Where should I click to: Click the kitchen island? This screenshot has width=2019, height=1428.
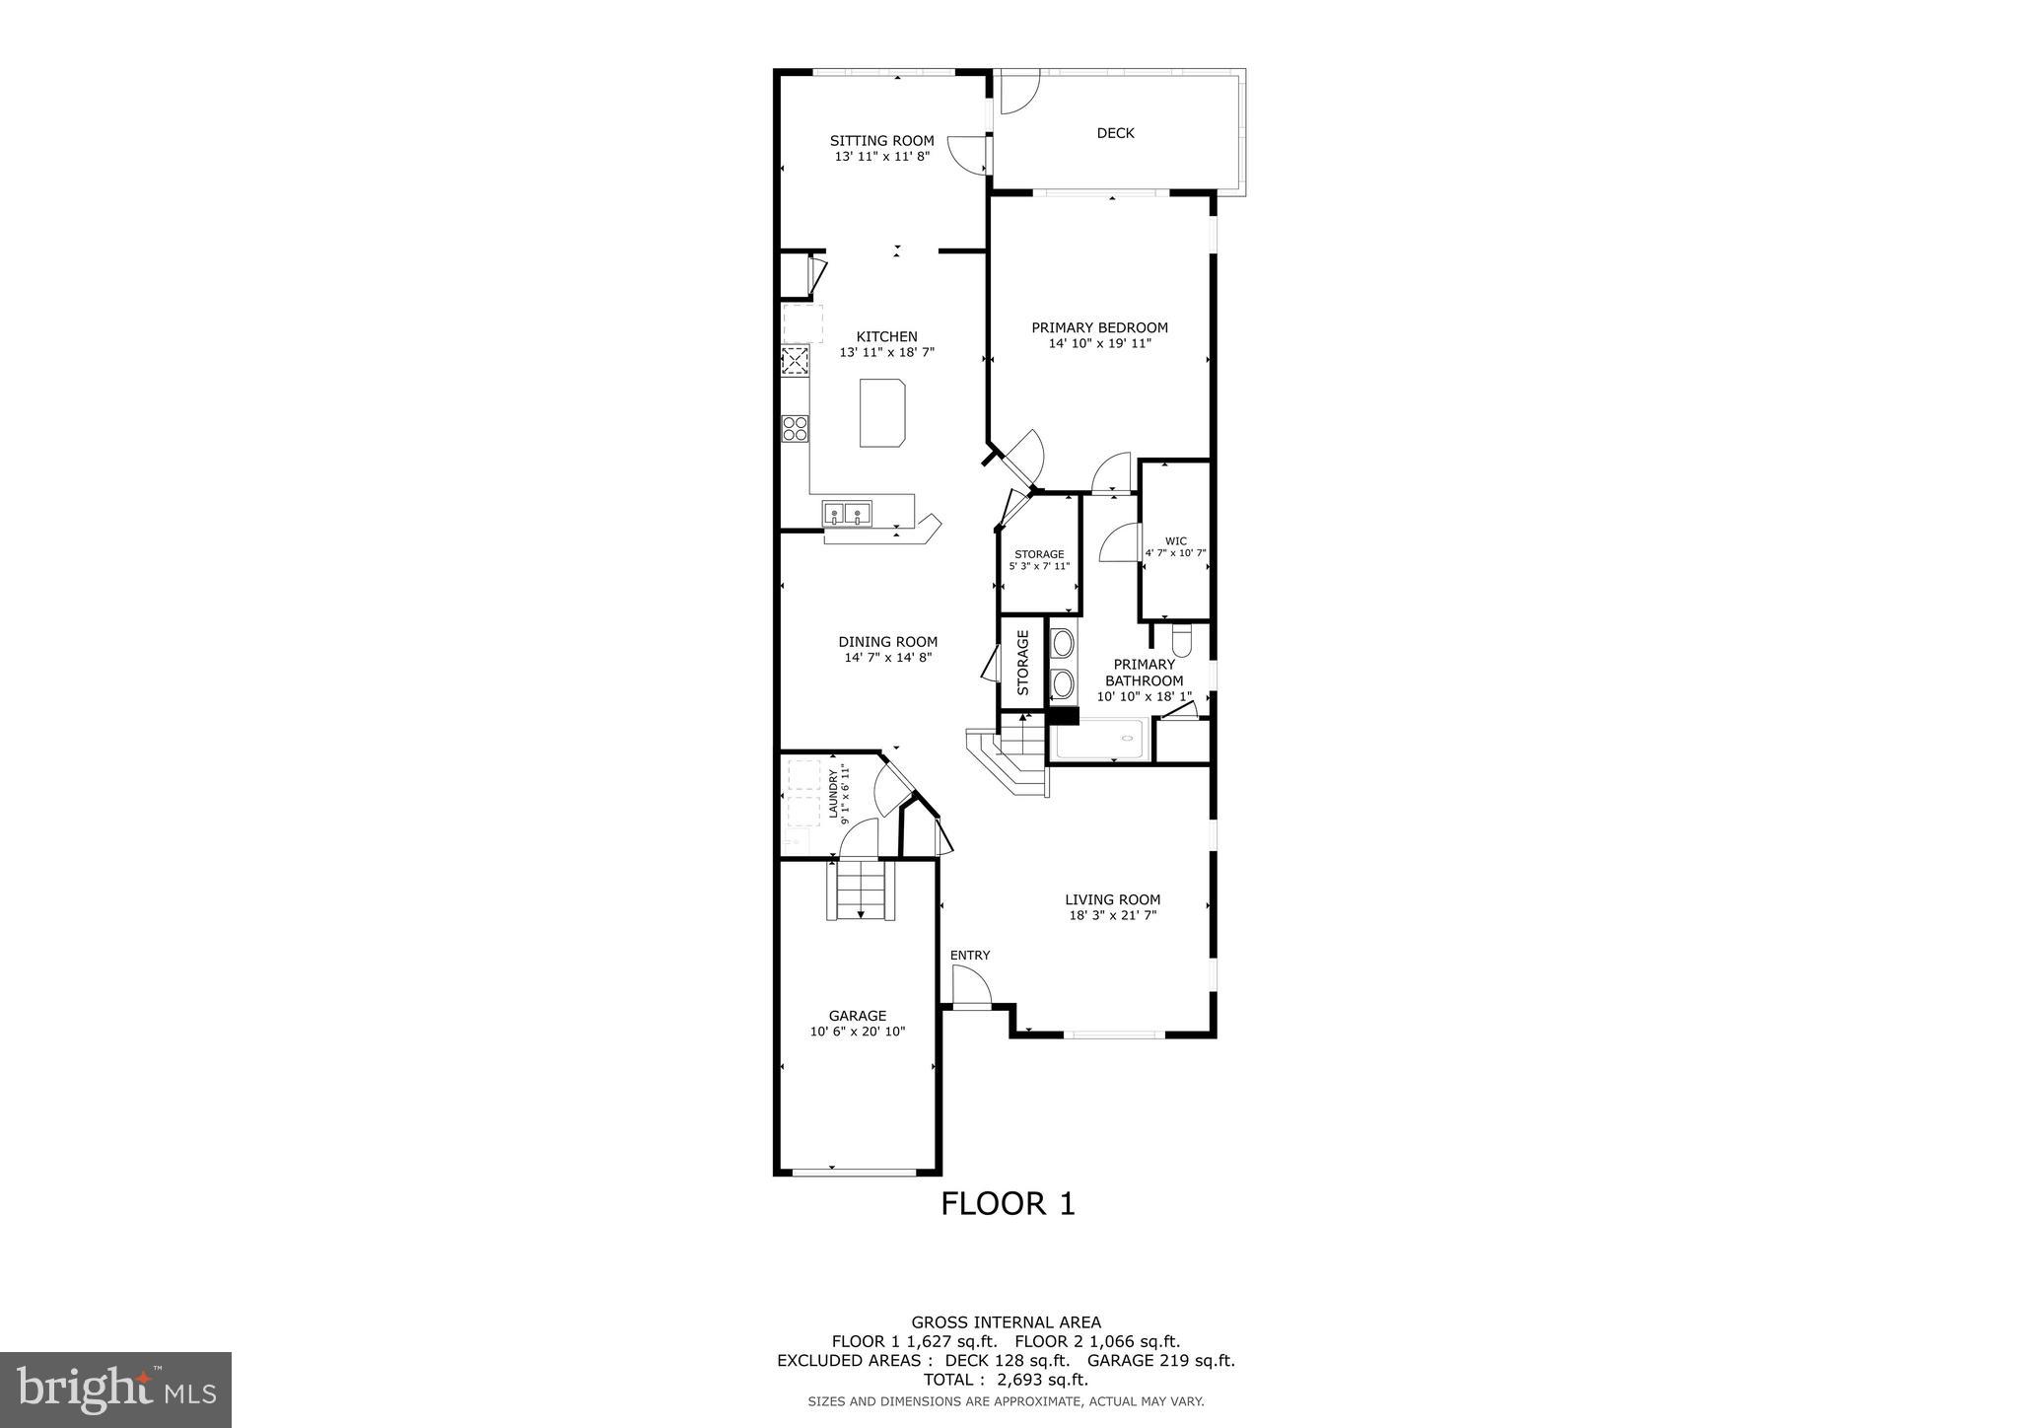pyautogui.click(x=882, y=412)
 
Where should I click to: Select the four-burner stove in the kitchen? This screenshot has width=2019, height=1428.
pyautogui.click(x=796, y=428)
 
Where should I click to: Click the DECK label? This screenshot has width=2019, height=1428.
pyautogui.click(x=1115, y=133)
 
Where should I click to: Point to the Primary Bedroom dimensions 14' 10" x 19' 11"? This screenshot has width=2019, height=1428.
pyautogui.click(x=1099, y=344)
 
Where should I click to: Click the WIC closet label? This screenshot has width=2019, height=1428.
pyautogui.click(x=1175, y=540)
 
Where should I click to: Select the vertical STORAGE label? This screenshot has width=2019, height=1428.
pyautogui.click(x=1022, y=663)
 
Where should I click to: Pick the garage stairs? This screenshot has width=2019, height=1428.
pyautogui.click(x=862, y=890)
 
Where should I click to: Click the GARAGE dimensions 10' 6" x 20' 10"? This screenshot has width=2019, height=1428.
pyautogui.click(x=857, y=1032)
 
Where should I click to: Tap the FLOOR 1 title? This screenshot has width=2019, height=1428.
pyautogui.click(x=1007, y=1203)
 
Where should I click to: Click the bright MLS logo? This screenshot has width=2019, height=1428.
pyautogui.click(x=115, y=1390)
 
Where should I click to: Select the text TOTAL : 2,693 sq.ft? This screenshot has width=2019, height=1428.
pyautogui.click(x=1006, y=1380)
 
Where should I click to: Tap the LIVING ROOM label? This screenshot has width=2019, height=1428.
pyautogui.click(x=1112, y=899)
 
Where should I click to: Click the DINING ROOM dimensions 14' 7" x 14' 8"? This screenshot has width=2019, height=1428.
pyautogui.click(x=887, y=658)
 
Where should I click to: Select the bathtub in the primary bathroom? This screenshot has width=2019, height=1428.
pyautogui.click(x=1098, y=741)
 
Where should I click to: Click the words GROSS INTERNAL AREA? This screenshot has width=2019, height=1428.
pyautogui.click(x=1006, y=1322)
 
